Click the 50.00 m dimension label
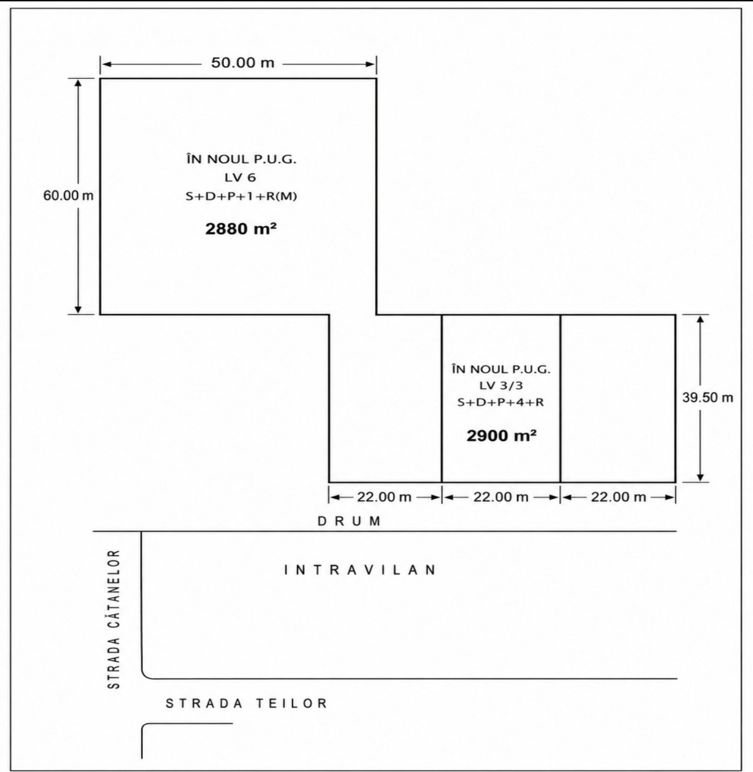(x=242, y=63)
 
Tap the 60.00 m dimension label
(x=68, y=195)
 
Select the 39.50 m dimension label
(x=707, y=398)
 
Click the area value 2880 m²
(x=240, y=229)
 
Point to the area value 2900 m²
(x=501, y=436)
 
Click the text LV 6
(x=240, y=178)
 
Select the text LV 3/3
(x=501, y=385)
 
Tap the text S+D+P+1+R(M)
(x=241, y=196)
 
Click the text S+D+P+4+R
(x=501, y=403)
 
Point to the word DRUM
(x=349, y=521)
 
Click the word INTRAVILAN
(x=360, y=570)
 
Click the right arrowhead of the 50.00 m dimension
(x=370, y=64)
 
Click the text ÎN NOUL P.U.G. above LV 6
(x=241, y=159)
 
